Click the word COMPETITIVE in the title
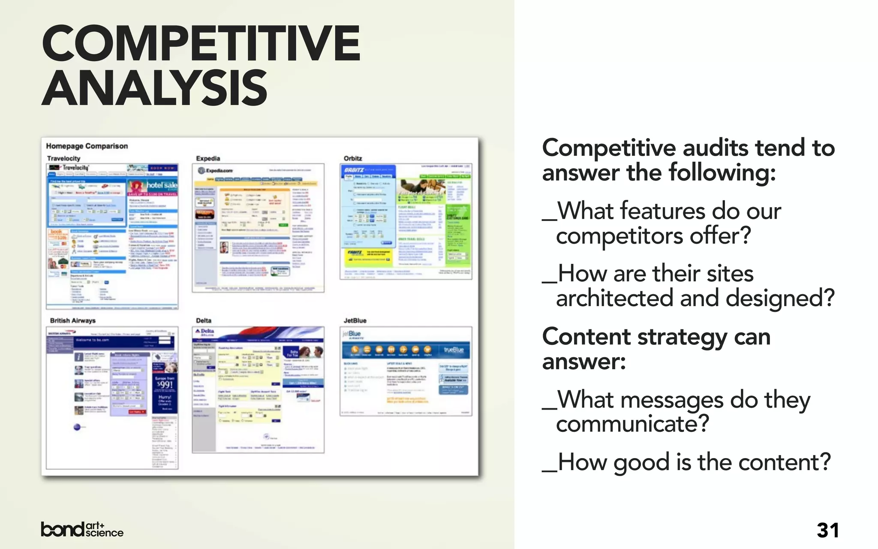[x=201, y=43]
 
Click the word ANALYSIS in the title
[x=154, y=89]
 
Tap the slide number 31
[x=827, y=531]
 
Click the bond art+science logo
[x=82, y=530]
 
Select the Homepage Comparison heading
[x=87, y=146]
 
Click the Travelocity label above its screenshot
[x=63, y=158]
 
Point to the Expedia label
[x=208, y=158]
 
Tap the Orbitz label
[x=353, y=158]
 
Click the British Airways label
[x=72, y=320]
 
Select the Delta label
[x=204, y=320]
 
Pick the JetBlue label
[x=355, y=320]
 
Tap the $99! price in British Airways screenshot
[x=165, y=385]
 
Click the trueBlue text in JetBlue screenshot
[x=454, y=350]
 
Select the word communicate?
[x=632, y=424]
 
